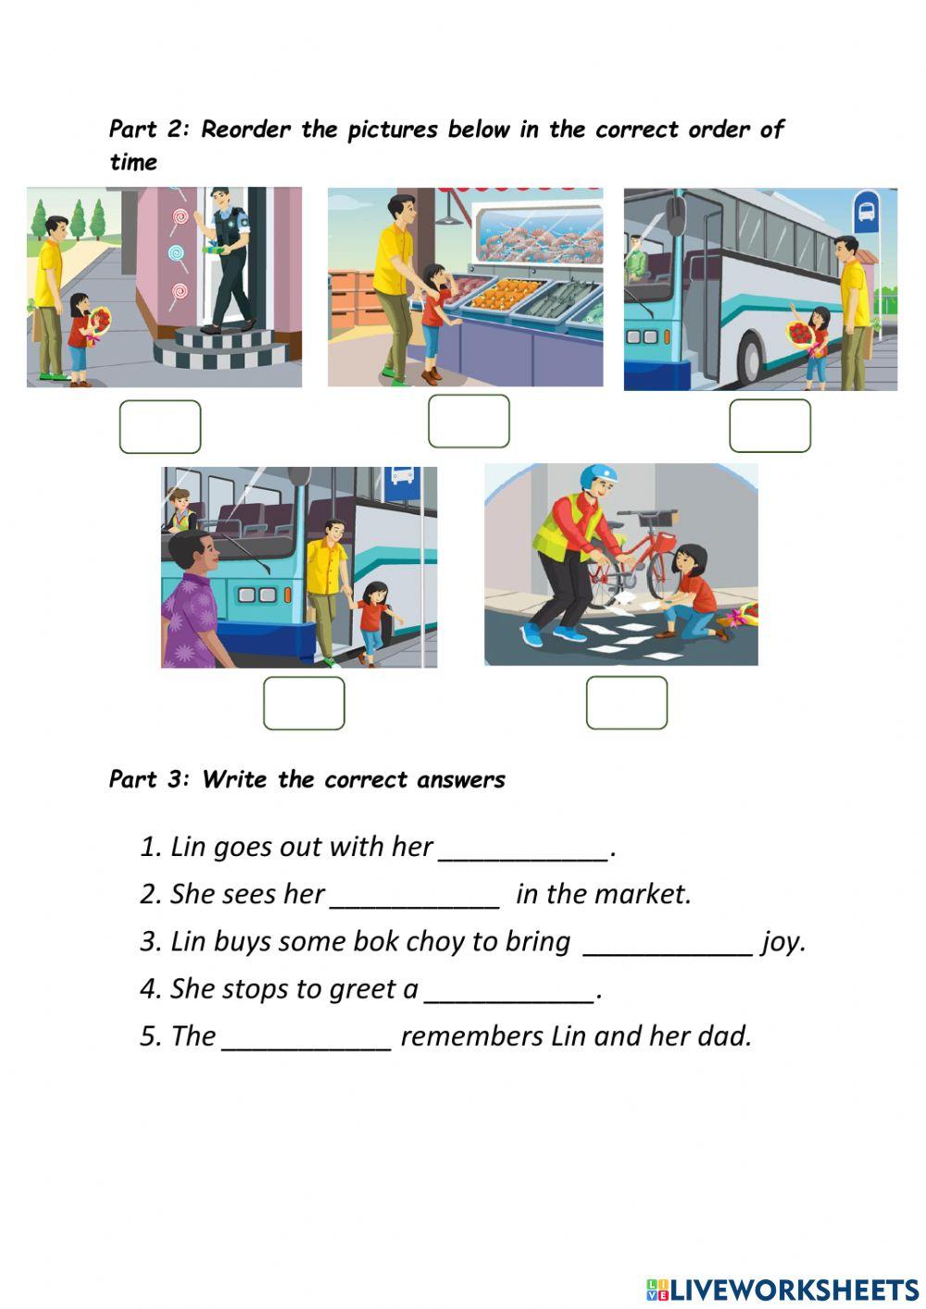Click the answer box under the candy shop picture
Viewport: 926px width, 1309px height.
tap(159, 427)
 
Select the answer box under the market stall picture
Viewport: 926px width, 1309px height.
tap(469, 422)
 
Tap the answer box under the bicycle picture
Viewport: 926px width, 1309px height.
tap(626, 702)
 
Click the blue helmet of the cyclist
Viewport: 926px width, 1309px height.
tap(597, 476)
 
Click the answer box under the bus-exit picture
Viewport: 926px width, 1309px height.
tap(304, 703)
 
